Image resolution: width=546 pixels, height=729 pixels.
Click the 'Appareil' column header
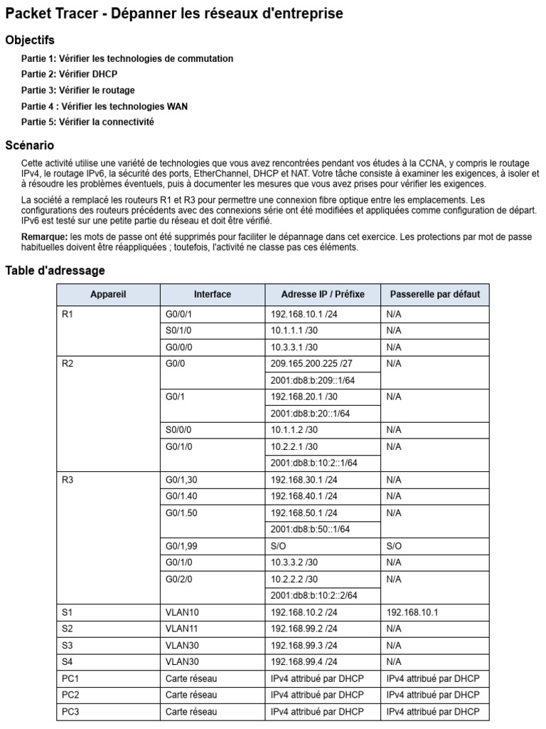pos(108,294)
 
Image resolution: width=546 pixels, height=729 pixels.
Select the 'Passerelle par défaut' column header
pos(434,294)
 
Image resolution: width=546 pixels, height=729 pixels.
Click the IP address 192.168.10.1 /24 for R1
pos(304,314)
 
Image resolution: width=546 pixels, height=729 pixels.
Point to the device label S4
pos(68,661)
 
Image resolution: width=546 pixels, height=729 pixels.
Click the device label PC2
pos(70,695)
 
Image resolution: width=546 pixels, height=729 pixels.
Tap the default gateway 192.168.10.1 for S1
pos(413,612)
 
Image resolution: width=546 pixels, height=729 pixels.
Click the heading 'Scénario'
pos(29,145)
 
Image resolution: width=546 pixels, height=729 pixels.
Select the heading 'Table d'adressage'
pos(55,271)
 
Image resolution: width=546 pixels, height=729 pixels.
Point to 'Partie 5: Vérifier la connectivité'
pos(87,122)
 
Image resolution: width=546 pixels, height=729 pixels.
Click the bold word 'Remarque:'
pos(44,236)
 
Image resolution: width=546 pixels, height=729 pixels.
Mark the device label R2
pos(68,364)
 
